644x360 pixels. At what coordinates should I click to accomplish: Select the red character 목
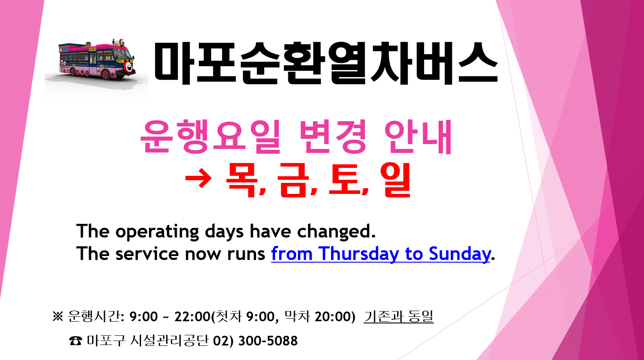pos(242,180)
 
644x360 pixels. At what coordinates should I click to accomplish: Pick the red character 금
pos(293,180)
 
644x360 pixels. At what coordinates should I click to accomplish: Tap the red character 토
pos(344,180)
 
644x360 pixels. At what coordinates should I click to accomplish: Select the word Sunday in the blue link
pos(459,254)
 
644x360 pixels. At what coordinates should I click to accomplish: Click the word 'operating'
pos(156,232)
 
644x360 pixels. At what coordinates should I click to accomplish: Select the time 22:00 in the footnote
pos(193,317)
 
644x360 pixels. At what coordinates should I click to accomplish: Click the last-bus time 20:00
pos(333,317)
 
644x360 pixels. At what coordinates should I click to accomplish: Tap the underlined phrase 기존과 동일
pos(398,316)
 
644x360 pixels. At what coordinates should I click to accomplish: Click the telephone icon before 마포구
pos(75,341)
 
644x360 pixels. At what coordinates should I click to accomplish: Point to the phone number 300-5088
pos(268,341)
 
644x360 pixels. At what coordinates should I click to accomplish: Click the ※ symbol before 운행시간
pos(58,317)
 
